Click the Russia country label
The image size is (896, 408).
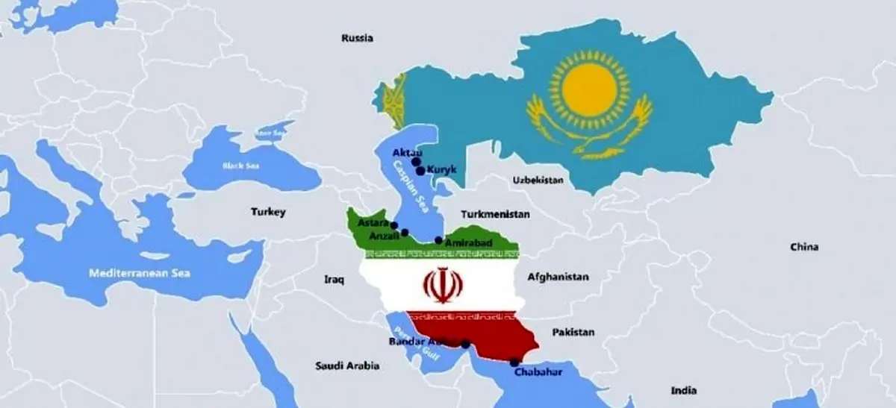(357, 38)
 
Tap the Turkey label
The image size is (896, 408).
(268, 213)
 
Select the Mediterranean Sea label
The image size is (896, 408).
(140, 273)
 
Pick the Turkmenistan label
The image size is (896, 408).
(496, 214)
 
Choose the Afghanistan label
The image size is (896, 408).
(558, 277)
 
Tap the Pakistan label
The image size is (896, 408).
(573, 332)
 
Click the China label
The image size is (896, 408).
(804, 247)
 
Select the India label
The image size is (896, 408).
(683, 390)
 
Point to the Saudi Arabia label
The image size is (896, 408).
(347, 366)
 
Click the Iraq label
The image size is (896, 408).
(333, 280)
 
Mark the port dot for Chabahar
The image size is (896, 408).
(514, 363)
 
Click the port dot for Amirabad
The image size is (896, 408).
(438, 240)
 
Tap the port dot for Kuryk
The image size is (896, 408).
(421, 171)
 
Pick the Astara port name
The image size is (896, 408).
(373, 222)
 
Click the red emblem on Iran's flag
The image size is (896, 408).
(441, 283)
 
